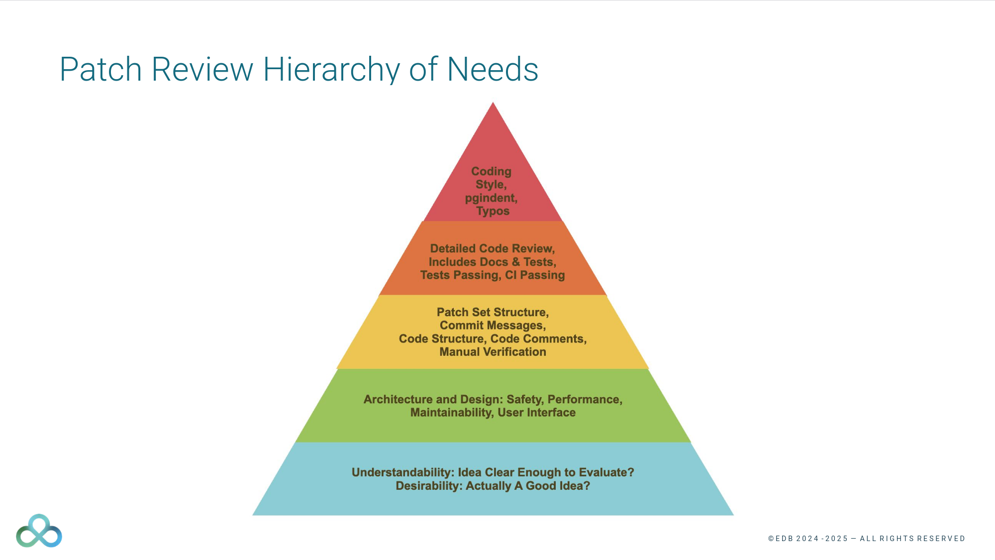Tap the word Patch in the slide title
click(x=100, y=70)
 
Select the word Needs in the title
click(x=493, y=70)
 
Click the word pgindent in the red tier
click(x=491, y=198)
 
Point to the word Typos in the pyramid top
click(x=493, y=211)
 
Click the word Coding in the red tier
click(x=491, y=171)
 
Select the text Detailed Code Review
click(x=492, y=248)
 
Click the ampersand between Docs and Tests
click(x=515, y=262)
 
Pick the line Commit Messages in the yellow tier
click(x=493, y=326)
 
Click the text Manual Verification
click(x=493, y=352)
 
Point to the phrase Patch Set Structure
click(x=493, y=312)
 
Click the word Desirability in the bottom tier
click(x=428, y=486)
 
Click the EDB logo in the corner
click(x=39, y=531)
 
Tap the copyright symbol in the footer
click(x=771, y=539)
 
